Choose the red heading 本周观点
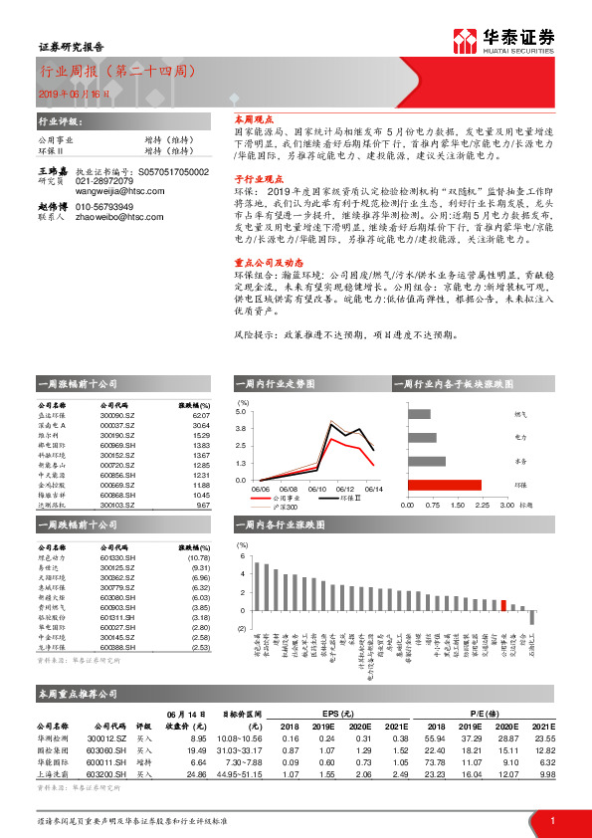click(x=253, y=117)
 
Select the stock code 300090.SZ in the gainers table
click(x=119, y=417)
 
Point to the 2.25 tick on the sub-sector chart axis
click(x=481, y=505)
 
